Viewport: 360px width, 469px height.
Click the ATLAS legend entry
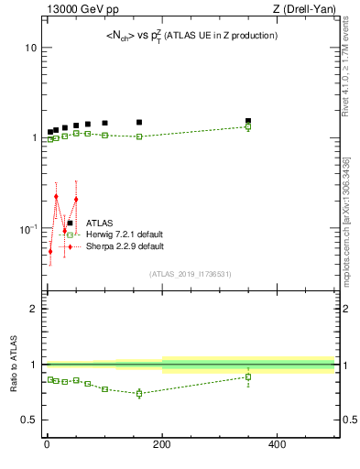click(100, 223)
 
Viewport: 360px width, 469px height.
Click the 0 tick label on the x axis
click(47, 445)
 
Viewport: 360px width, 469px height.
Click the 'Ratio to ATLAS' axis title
click(13, 365)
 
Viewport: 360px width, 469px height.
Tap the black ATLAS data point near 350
click(248, 121)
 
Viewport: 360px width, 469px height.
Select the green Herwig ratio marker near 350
click(248, 376)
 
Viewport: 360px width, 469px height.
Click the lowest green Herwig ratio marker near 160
click(139, 393)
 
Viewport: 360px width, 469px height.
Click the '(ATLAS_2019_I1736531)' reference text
click(191, 274)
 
